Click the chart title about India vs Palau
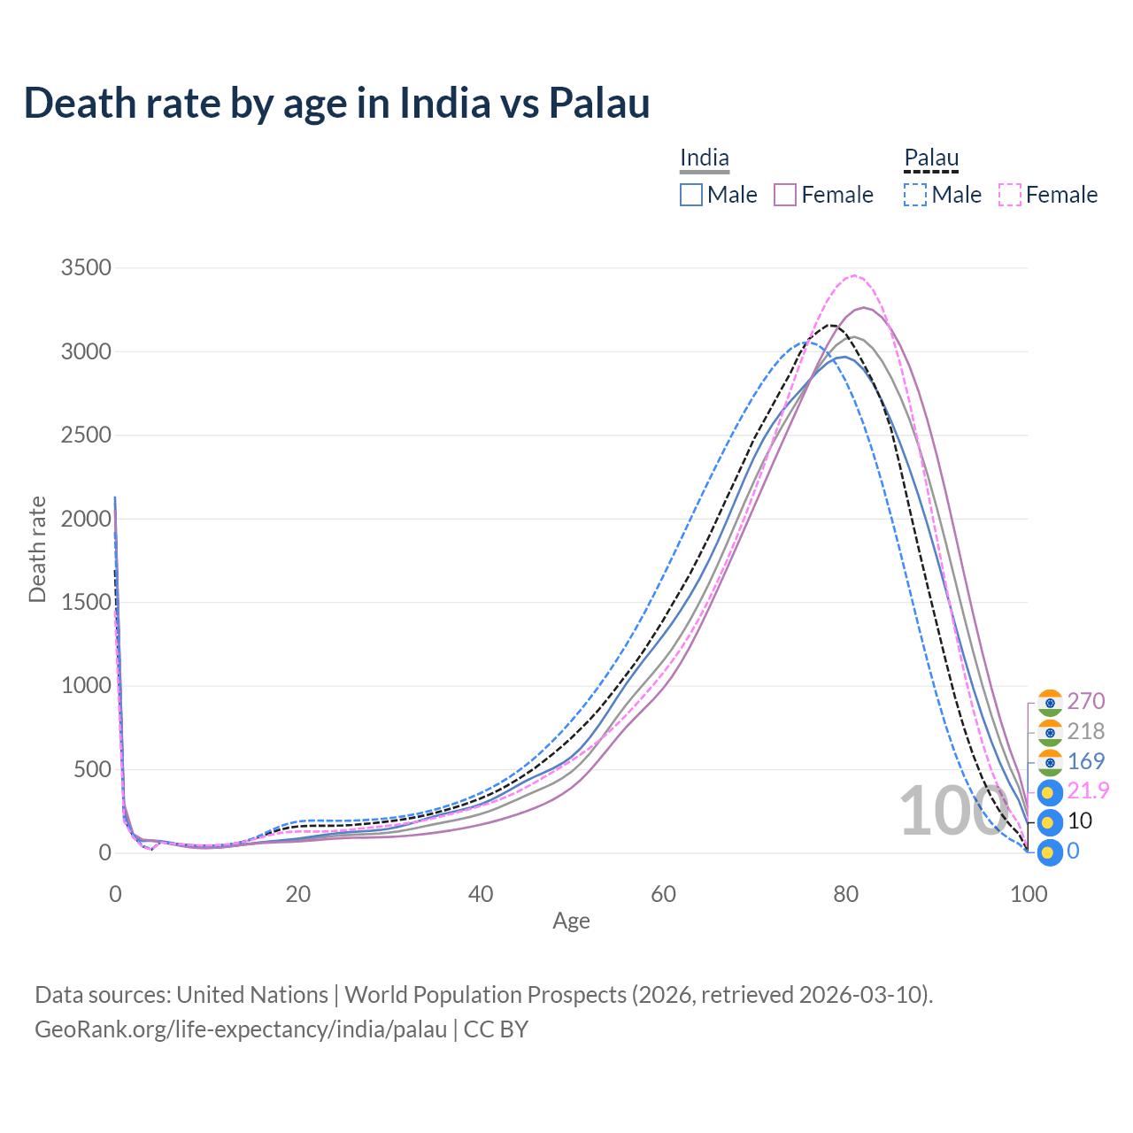(x=336, y=103)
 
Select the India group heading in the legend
(x=705, y=158)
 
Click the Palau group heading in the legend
(x=931, y=158)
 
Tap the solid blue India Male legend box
(x=691, y=195)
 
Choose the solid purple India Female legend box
(x=786, y=195)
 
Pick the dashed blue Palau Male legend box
(x=915, y=195)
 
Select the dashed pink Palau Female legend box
(x=1010, y=195)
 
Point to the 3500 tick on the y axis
(x=86, y=267)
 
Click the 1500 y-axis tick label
(x=86, y=602)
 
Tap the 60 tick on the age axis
(x=663, y=894)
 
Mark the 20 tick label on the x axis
(x=298, y=894)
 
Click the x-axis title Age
(x=571, y=921)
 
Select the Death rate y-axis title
(x=37, y=549)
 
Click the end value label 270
(x=1085, y=701)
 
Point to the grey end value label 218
(x=1085, y=731)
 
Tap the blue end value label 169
(x=1085, y=761)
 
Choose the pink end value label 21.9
(x=1088, y=790)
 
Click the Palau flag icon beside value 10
(x=1049, y=822)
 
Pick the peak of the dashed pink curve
(x=853, y=276)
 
